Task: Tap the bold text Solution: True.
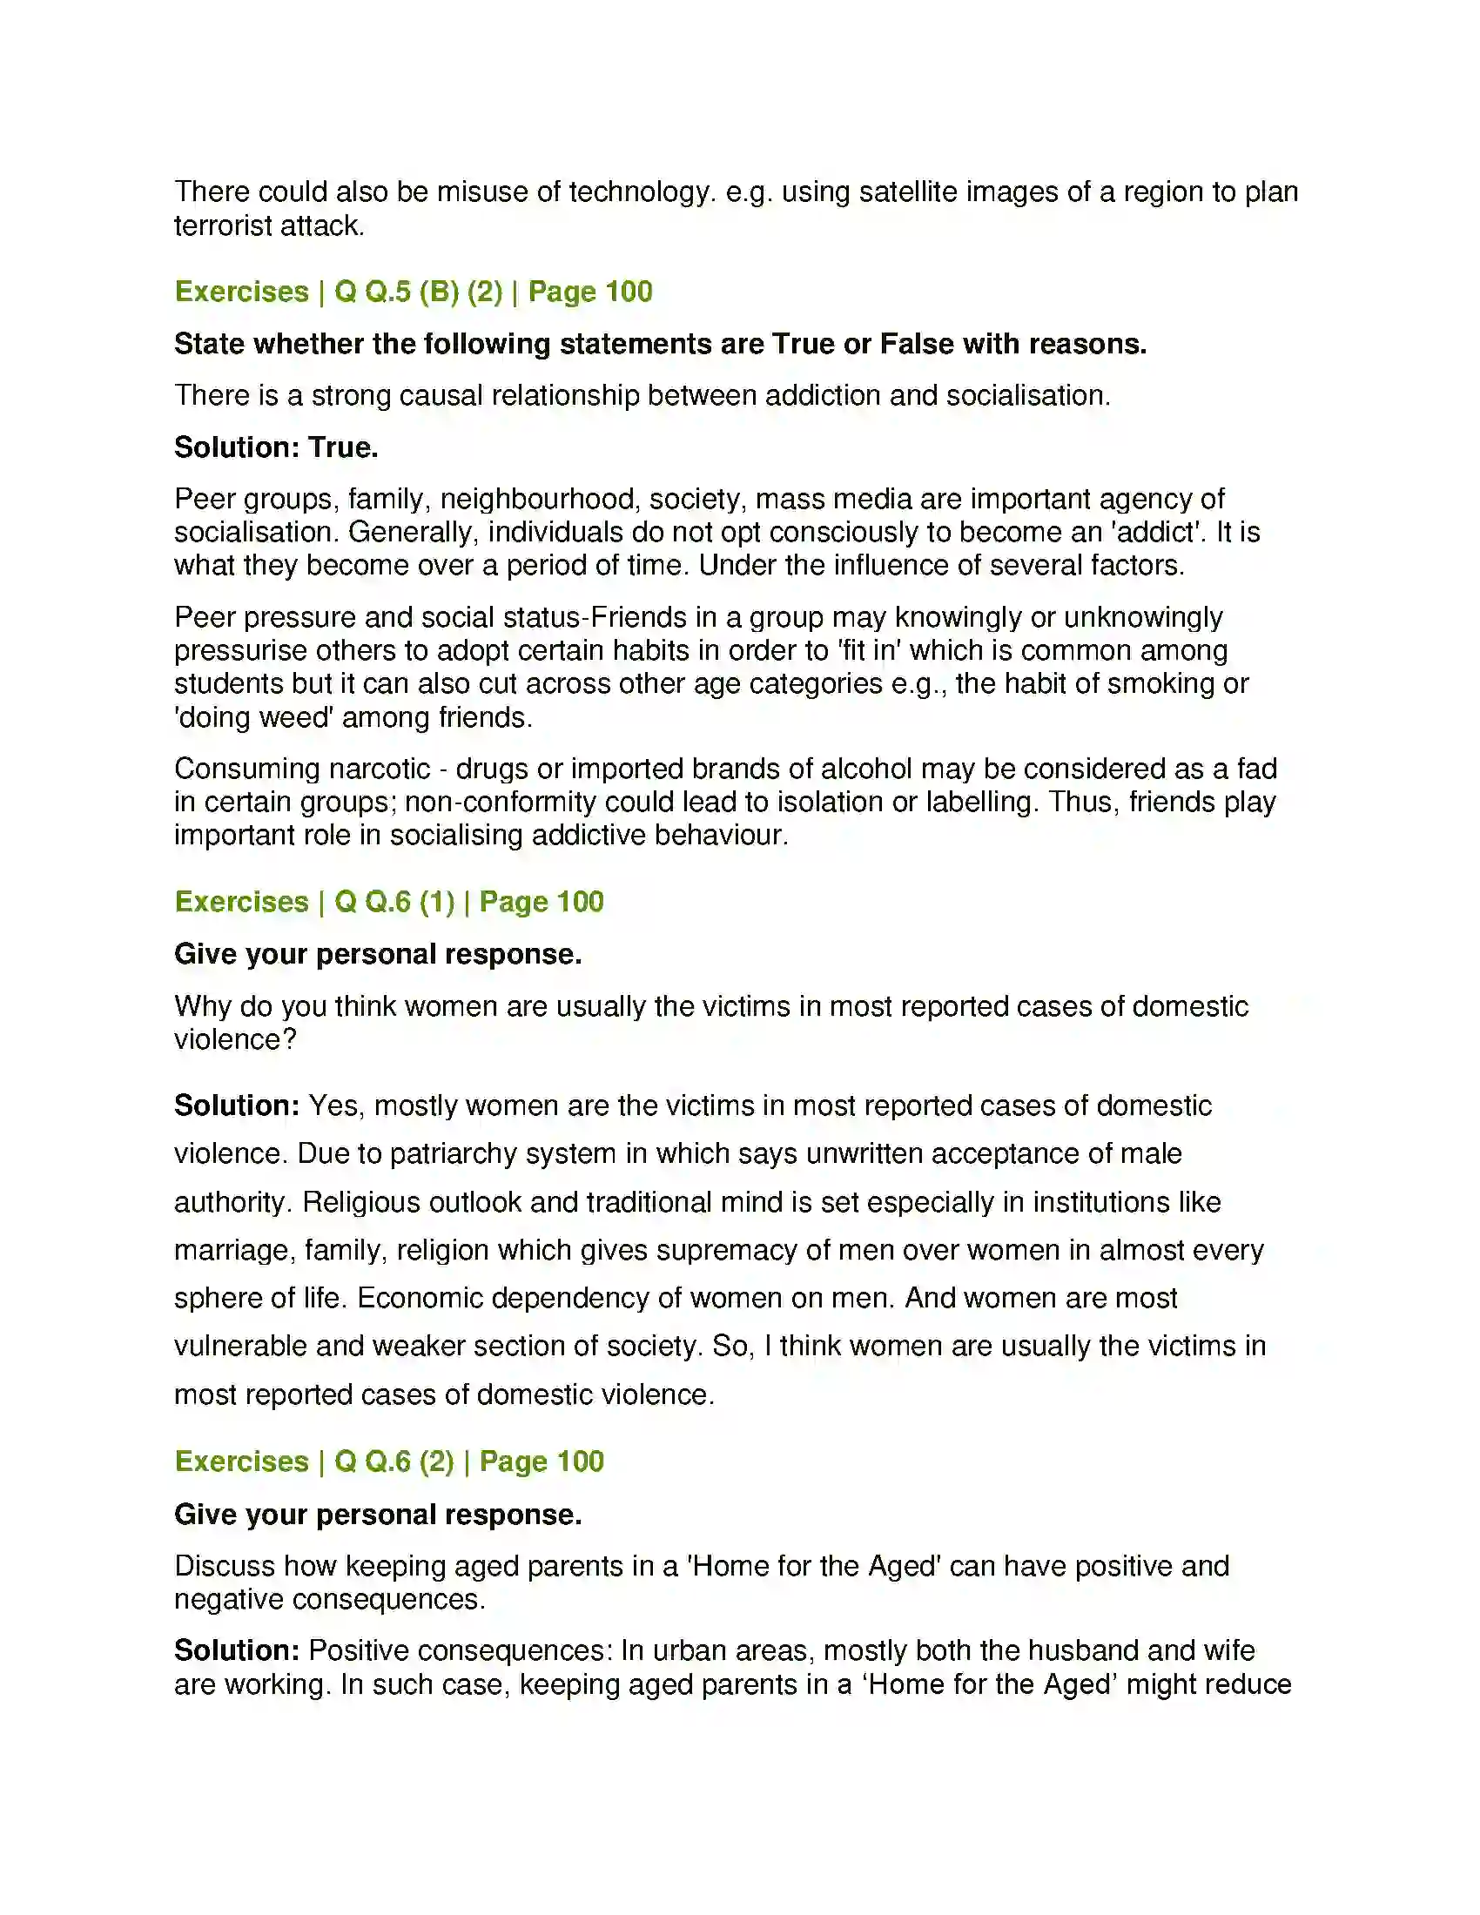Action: [x=276, y=447]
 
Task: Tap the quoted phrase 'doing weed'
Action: [x=253, y=717]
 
